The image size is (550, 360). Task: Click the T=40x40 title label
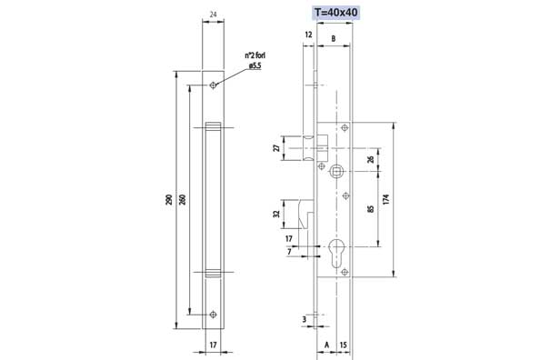click(x=336, y=13)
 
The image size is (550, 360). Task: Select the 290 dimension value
click(x=169, y=199)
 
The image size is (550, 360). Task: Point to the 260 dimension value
click(x=183, y=199)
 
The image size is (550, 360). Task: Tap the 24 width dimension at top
click(x=213, y=15)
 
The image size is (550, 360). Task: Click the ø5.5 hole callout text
click(x=255, y=65)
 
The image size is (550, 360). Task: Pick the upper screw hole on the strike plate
click(x=213, y=85)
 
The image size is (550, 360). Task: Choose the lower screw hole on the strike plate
click(x=213, y=315)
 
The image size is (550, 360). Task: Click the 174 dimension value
click(x=386, y=199)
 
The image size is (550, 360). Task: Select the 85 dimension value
click(x=371, y=209)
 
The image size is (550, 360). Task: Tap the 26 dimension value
click(x=371, y=160)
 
